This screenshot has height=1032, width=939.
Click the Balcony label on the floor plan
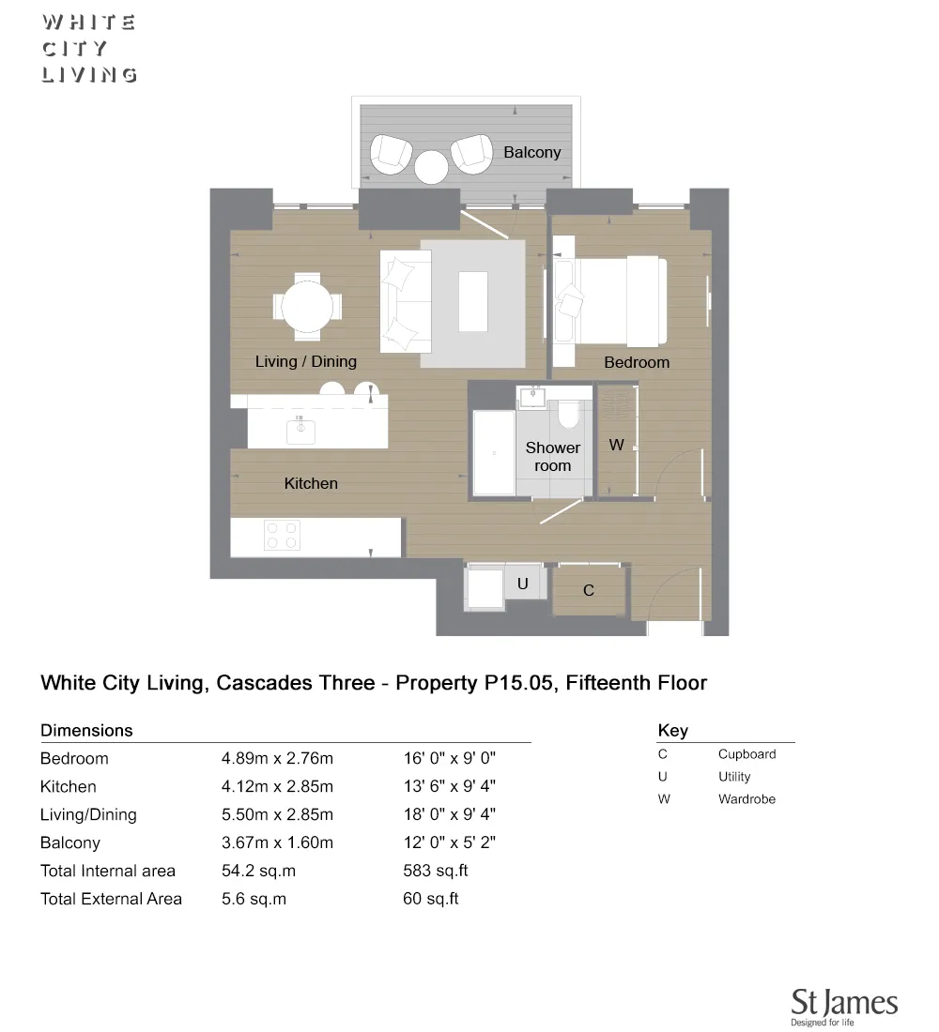tap(531, 152)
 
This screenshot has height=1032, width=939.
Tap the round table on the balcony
tap(432, 167)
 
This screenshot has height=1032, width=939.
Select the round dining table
tap(307, 306)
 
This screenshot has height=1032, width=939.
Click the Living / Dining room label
tap(306, 361)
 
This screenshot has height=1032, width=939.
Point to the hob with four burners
tap(282, 535)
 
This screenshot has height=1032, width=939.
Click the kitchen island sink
tap(301, 430)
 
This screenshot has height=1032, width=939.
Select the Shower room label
tap(552, 457)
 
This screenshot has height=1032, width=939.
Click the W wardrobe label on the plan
tap(616, 445)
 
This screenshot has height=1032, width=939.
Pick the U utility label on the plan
tap(523, 584)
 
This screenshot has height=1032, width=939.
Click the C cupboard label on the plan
tap(589, 590)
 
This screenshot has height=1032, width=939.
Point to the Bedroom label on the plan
tap(637, 362)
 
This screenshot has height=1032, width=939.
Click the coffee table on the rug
tap(472, 300)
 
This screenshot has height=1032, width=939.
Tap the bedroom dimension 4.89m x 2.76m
tap(277, 758)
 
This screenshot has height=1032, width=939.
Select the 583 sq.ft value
tap(435, 871)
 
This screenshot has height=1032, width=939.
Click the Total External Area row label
tap(111, 899)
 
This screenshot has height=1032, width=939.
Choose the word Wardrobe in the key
tap(747, 799)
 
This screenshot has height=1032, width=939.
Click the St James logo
tap(843, 1005)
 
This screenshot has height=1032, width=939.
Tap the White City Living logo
tap(89, 49)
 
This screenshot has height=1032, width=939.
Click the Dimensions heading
tap(86, 730)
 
